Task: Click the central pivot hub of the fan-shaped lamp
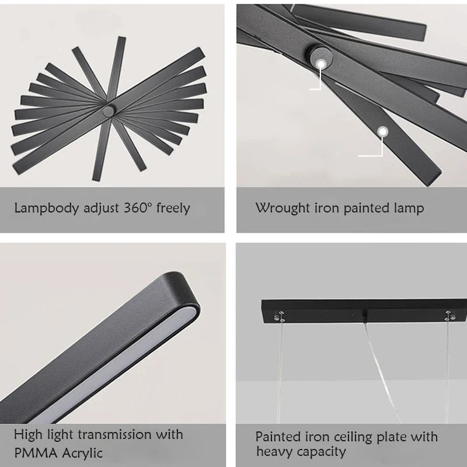coord(108,111)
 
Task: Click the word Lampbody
coord(47,208)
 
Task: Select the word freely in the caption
coord(173,208)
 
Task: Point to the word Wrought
coord(283,208)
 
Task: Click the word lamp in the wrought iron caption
coord(409,208)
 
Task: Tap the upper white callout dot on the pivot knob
coord(320,64)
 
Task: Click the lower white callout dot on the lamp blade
coord(382,131)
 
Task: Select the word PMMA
coord(36,453)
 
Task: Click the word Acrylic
coord(82,454)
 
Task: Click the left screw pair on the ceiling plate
coord(280,316)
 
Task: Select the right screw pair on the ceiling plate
coord(449,316)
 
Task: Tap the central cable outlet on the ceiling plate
coord(364,316)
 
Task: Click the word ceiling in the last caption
coord(354,437)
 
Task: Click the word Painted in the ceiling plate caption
coord(278,437)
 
